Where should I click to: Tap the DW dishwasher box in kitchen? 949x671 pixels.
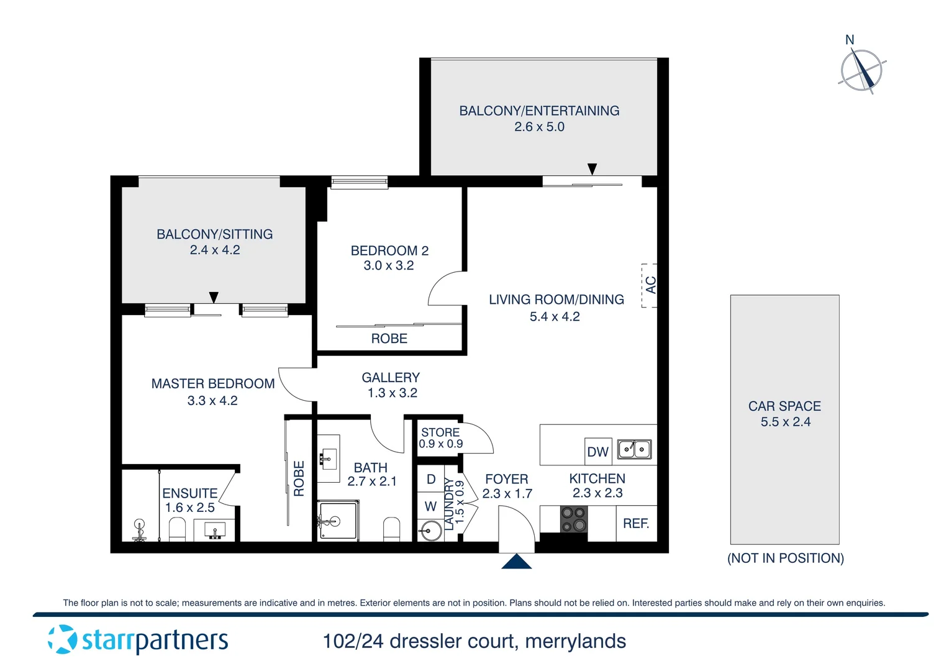coord(597,452)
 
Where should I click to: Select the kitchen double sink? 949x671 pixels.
coord(634,449)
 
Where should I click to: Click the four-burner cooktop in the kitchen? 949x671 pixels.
coord(573,519)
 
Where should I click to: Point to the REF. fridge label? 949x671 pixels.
coord(636,524)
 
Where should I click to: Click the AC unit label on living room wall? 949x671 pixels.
coord(650,285)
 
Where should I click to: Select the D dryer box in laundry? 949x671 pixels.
coord(431,480)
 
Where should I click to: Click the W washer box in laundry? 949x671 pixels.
coord(430,506)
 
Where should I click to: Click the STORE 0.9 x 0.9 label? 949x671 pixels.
coord(440,437)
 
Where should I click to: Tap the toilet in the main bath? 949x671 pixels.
coord(391,529)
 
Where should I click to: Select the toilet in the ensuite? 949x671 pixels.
coord(177,529)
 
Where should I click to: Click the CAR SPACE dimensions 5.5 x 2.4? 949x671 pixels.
coord(785,422)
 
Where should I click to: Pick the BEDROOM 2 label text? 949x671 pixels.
coord(389,250)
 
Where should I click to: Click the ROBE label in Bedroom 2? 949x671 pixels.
coord(389,339)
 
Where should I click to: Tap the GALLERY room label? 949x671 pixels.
coord(391,378)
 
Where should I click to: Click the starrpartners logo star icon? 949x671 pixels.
coord(62,639)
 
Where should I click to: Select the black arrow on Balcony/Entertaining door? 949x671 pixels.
coord(592,169)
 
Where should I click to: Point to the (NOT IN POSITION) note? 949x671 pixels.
coord(785,558)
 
